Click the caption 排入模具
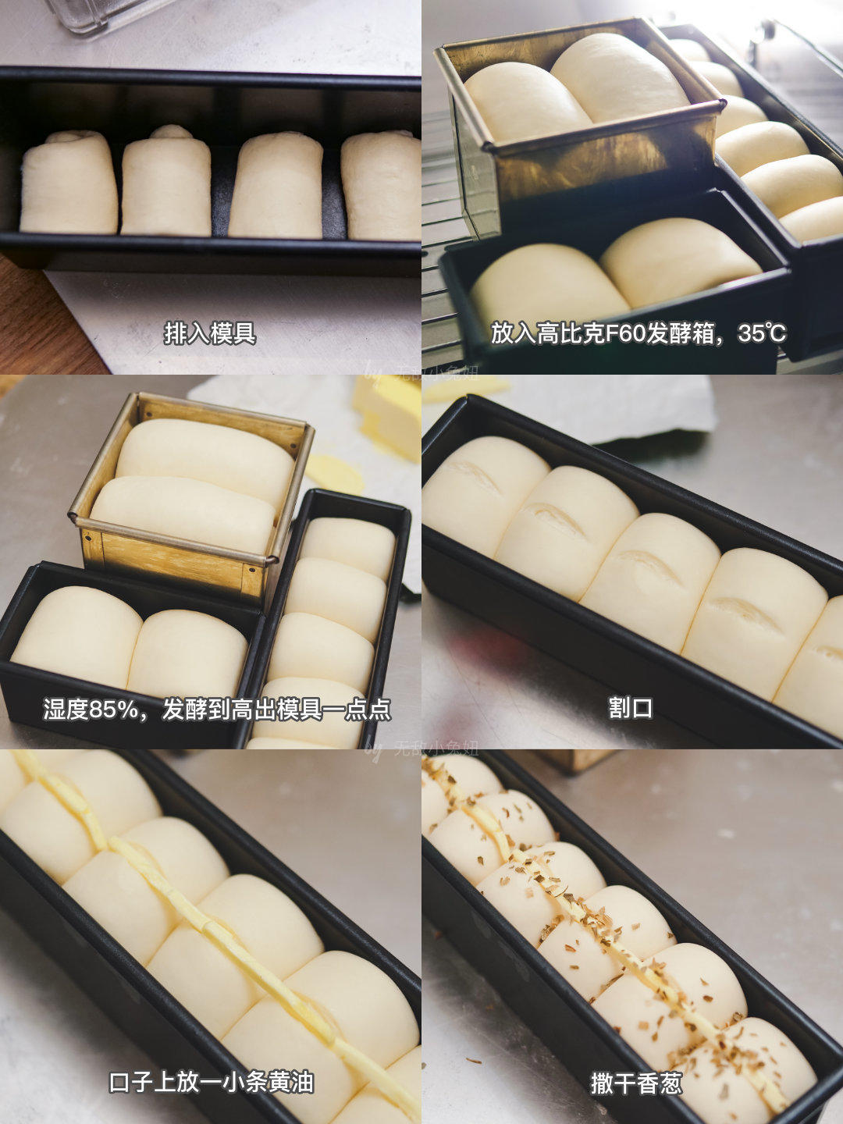[x=210, y=333]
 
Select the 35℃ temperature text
[x=762, y=333]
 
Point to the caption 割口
[x=631, y=708]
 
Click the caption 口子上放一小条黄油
[x=211, y=1083]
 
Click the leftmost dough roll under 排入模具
[x=69, y=184]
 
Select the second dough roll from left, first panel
[x=166, y=183]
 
